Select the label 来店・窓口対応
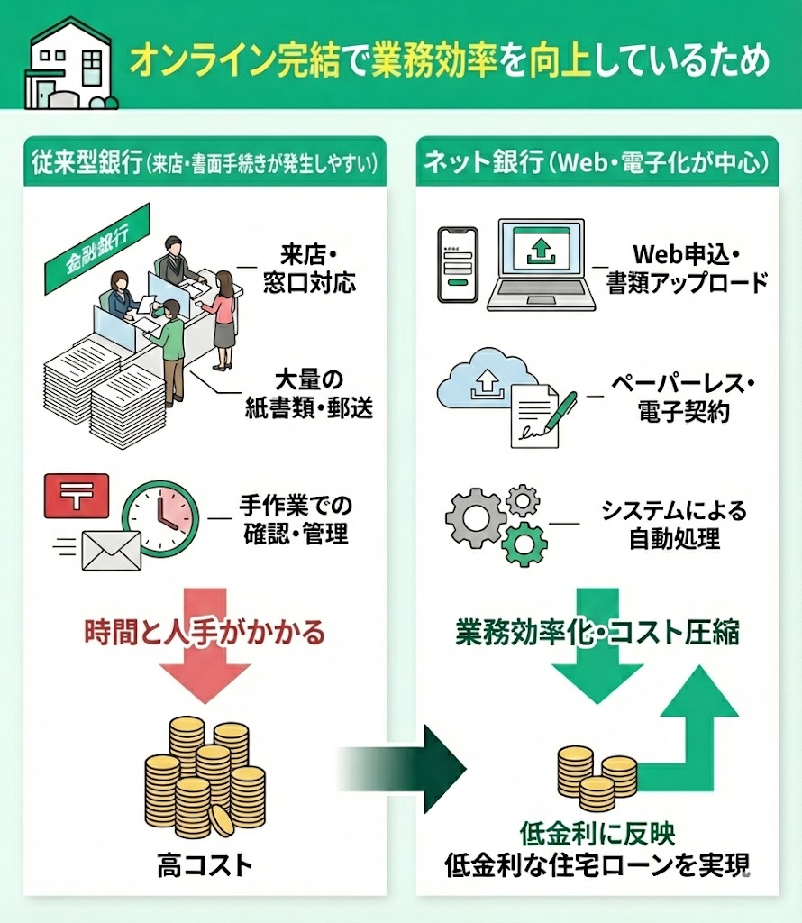click(x=297, y=268)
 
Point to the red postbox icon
click(x=76, y=495)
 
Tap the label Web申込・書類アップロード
click(x=687, y=267)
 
